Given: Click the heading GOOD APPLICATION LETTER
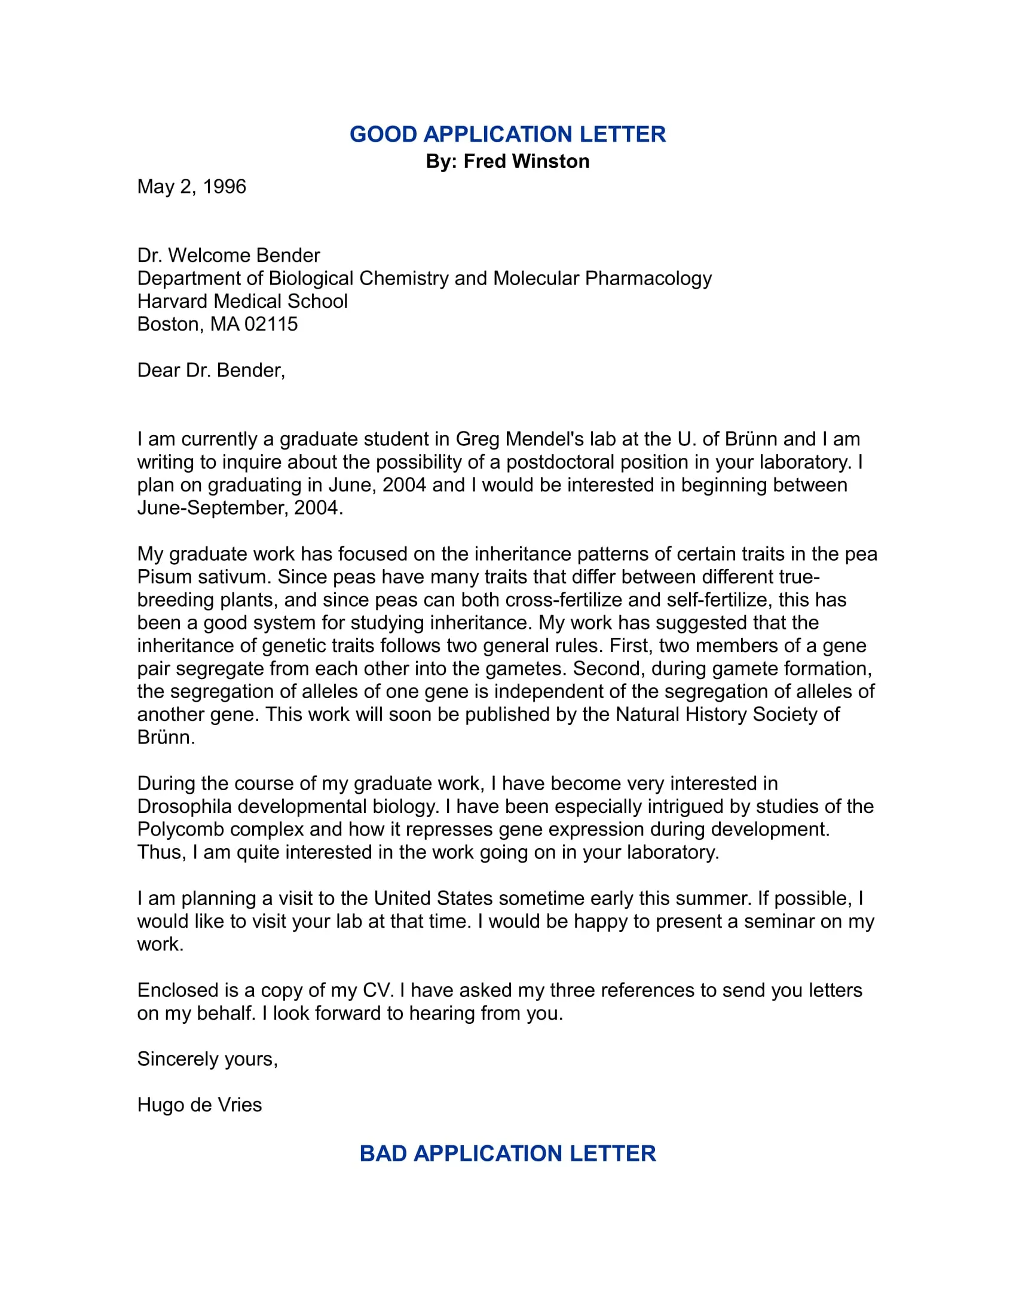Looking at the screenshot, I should coord(507,134).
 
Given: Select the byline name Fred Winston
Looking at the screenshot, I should coord(526,161).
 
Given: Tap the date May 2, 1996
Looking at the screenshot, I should coord(191,186).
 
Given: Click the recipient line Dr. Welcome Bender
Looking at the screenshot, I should coord(228,255).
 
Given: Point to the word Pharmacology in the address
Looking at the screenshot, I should coord(648,278).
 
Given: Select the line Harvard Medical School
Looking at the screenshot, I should coord(242,301).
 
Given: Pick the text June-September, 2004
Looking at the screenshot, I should coord(240,507).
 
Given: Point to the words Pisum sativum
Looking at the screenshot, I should coord(204,577).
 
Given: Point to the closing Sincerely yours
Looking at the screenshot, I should coord(206,1059).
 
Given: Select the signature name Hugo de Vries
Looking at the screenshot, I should coord(199,1105).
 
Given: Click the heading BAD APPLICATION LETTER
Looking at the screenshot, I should coord(507,1154).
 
